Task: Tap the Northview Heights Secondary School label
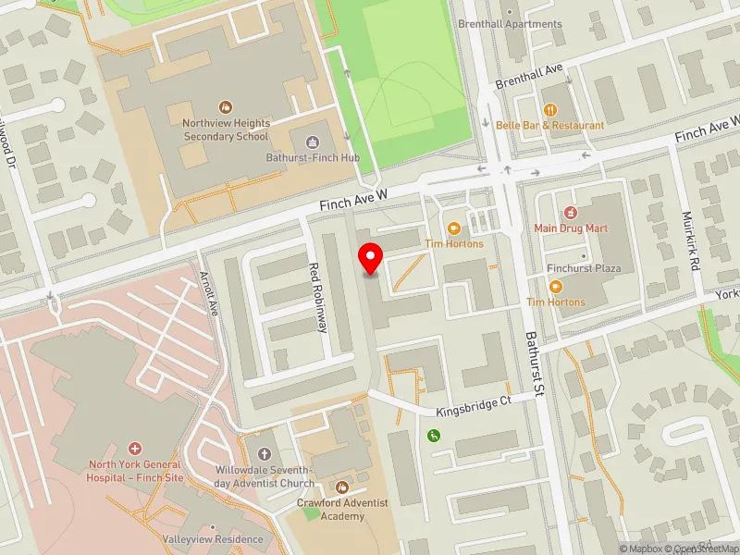tap(226, 129)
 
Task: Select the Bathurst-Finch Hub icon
tap(312, 142)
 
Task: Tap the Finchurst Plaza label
tap(583, 268)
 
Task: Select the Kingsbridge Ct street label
tap(474, 404)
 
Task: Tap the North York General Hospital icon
tap(136, 448)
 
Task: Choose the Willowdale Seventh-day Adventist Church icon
tap(264, 453)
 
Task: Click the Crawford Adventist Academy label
tap(342, 509)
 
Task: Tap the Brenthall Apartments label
tap(510, 24)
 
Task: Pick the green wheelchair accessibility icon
tap(432, 435)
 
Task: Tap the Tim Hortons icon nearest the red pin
tap(454, 228)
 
